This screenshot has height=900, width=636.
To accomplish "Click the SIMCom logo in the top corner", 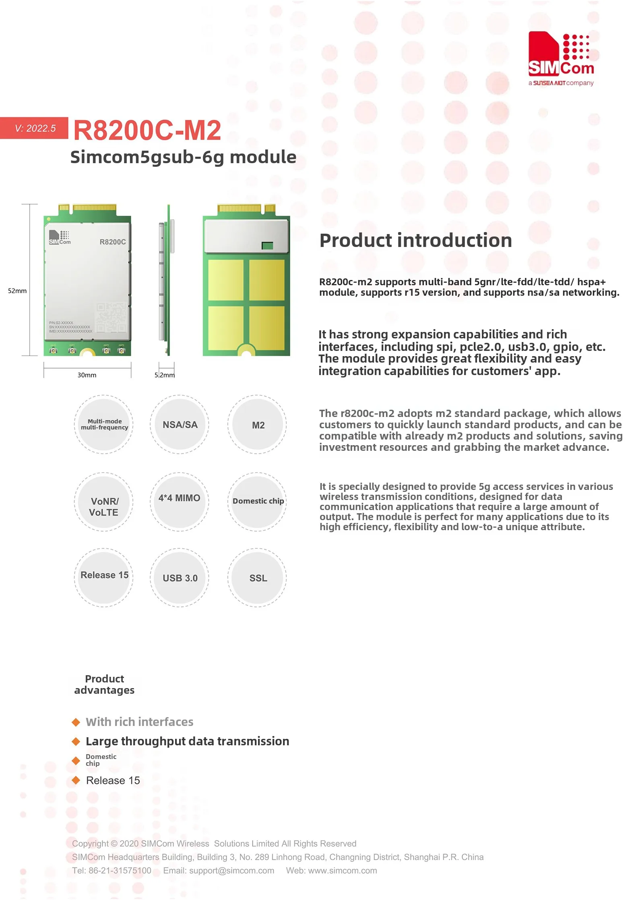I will (561, 58).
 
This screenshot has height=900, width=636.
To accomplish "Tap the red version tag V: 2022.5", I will (35, 128).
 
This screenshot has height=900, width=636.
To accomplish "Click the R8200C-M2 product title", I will (147, 131).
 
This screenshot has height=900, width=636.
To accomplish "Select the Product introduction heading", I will (415, 241).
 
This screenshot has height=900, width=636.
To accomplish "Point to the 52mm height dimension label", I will (17, 291).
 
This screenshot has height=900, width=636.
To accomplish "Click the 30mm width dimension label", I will (87, 375).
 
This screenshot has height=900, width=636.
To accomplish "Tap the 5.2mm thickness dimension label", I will (165, 375).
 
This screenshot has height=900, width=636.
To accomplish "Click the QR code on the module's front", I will (111, 317).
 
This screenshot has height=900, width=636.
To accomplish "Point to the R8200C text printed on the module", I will (113, 242).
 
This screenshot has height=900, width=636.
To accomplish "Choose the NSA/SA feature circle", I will (180, 425).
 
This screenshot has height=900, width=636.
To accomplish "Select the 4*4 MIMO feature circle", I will (180, 501).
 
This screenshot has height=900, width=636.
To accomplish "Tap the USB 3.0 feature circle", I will (180, 578).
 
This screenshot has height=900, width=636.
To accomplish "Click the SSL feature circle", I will (258, 578).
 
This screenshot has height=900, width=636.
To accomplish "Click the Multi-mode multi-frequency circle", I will (104, 425).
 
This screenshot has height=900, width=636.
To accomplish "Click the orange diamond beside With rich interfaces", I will (76, 722).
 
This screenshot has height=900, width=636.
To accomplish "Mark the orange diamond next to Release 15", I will (76, 780).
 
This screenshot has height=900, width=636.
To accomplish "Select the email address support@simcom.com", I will (231, 871).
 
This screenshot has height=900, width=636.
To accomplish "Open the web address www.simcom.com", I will (343, 871).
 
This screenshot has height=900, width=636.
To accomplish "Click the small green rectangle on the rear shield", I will (267, 246).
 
